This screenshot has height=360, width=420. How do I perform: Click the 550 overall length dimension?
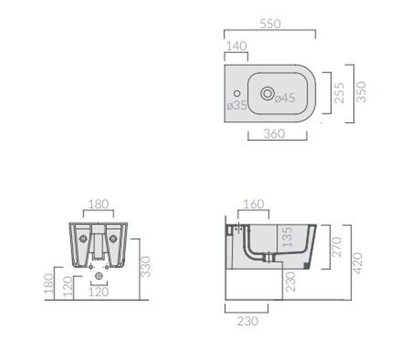tap(270, 24)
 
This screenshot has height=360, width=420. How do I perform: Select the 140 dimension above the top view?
tap(236, 46)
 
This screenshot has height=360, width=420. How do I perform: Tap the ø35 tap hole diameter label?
tap(236, 105)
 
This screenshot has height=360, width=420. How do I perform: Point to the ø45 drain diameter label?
tap(285, 98)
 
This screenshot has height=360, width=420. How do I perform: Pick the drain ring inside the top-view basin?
tap(267, 94)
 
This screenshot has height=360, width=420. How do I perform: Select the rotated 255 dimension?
tap(340, 92)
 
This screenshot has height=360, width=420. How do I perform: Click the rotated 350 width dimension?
tap(361, 92)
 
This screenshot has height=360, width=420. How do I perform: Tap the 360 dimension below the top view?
tap(274, 133)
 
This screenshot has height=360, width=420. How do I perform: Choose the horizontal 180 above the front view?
tap(98, 203)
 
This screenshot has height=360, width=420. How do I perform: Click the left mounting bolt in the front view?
tap(83, 239)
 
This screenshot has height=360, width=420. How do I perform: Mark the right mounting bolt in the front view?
tap(113, 239)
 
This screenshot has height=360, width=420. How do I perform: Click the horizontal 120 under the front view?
tap(98, 291)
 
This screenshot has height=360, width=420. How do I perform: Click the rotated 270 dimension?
tap(337, 246)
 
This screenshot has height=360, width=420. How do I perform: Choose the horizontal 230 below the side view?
tap(247, 321)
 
